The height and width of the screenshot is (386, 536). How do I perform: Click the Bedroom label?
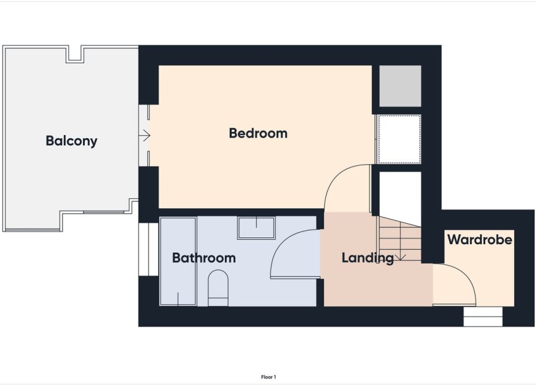click(x=258, y=133)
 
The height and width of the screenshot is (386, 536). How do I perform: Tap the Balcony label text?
click(x=71, y=141)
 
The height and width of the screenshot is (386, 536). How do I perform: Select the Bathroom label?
click(x=204, y=258)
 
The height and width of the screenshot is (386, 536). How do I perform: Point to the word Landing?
click(x=367, y=258)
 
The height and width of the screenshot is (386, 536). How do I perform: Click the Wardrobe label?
click(x=480, y=239)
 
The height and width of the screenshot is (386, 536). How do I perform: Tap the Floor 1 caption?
click(x=268, y=377)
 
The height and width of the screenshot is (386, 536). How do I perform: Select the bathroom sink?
click(x=257, y=227)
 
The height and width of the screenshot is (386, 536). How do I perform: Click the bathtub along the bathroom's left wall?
click(x=178, y=261)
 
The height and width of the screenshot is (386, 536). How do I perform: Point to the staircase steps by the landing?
click(x=401, y=238)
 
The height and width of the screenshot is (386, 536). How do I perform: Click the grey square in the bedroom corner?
click(x=400, y=86)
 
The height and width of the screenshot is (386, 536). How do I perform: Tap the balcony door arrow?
click(x=146, y=135)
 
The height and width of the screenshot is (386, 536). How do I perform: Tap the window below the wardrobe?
click(x=483, y=317)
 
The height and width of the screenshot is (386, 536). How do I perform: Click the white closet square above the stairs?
click(x=400, y=193)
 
